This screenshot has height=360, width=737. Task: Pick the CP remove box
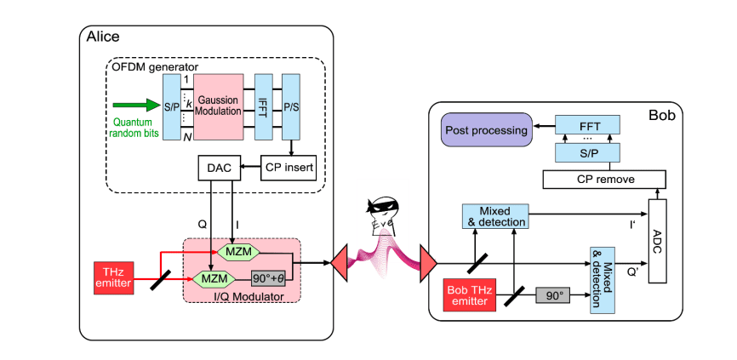(x=602, y=179)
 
